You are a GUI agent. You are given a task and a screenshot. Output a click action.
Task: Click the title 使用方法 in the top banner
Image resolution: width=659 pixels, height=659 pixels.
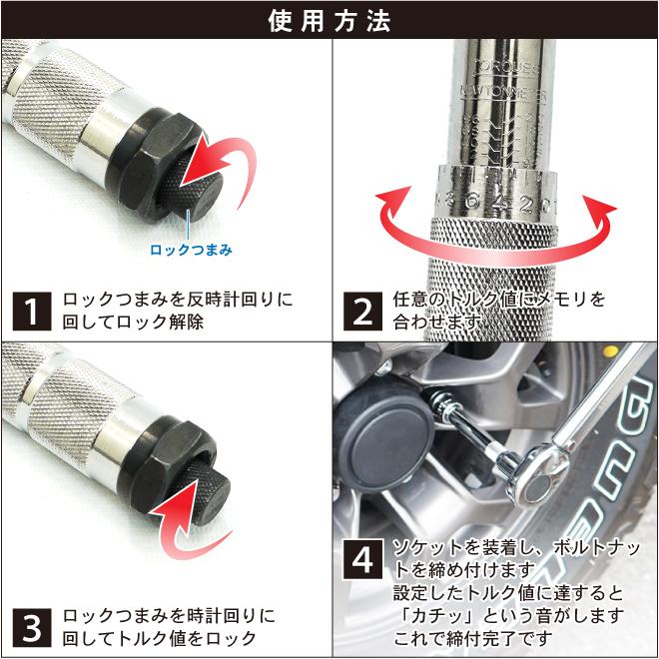pos(329,20)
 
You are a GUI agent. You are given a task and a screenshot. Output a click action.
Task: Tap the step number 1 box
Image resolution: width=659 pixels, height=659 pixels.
pos(33,312)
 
